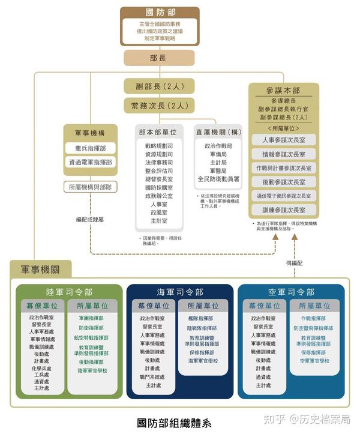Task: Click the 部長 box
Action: point(158,58)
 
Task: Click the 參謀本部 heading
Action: point(284,91)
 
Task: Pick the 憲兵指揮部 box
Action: point(90,148)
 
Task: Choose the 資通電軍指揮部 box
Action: point(90,162)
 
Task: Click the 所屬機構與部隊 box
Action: point(90,187)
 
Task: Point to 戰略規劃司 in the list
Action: point(159,146)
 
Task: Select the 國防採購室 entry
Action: point(159,187)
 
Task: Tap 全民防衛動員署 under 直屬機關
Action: point(219,179)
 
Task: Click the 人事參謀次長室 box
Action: point(284,140)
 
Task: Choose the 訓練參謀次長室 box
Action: point(284,210)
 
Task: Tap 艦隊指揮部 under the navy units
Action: point(201,318)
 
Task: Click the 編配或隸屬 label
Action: point(90,219)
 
